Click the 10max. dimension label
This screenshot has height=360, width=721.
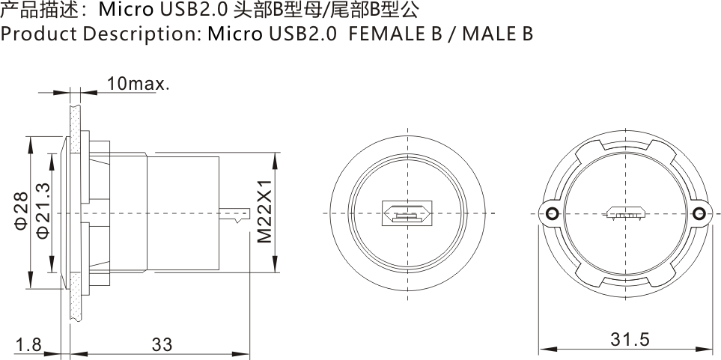click(x=138, y=83)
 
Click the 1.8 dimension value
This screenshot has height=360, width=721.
click(x=28, y=344)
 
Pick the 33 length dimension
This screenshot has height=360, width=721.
click(x=162, y=344)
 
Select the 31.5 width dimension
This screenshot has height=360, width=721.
click(x=629, y=339)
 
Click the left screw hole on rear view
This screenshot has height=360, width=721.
click(x=553, y=215)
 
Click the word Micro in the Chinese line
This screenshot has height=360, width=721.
click(x=124, y=10)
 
